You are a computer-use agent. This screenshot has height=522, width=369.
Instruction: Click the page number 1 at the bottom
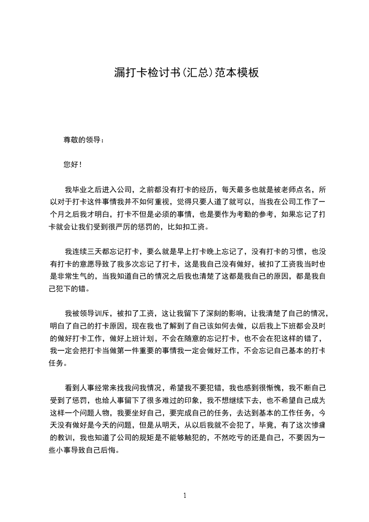point(185,495)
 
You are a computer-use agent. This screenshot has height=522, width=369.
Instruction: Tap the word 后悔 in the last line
point(111,450)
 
